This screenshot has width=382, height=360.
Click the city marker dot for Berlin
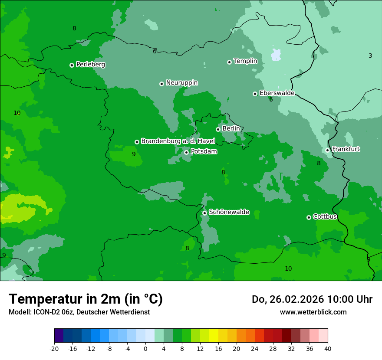click(218, 129)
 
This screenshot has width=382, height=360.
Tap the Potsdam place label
click(204, 152)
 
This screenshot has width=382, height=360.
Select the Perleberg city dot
click(72, 65)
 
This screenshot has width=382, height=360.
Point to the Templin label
click(245, 61)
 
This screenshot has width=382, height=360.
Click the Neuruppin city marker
click(161, 84)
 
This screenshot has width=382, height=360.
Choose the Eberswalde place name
click(277, 93)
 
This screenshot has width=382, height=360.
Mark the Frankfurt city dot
click(327, 151)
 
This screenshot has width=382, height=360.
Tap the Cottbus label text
click(325, 216)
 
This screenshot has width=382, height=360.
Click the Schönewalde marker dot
click(204, 213)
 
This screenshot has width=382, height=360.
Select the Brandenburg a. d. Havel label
click(178, 141)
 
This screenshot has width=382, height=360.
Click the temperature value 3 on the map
click(370, 56)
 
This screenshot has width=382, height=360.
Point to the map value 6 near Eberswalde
click(271, 100)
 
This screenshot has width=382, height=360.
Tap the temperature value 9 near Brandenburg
click(134, 154)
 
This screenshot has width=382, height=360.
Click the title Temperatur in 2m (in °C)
click(86, 299)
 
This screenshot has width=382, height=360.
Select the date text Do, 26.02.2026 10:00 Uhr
click(312, 299)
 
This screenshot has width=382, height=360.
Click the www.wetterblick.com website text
click(313, 312)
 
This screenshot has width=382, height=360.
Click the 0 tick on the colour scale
click(145, 348)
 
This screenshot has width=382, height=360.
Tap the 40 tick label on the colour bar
click(327, 348)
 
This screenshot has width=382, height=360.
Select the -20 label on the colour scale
click(54, 348)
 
